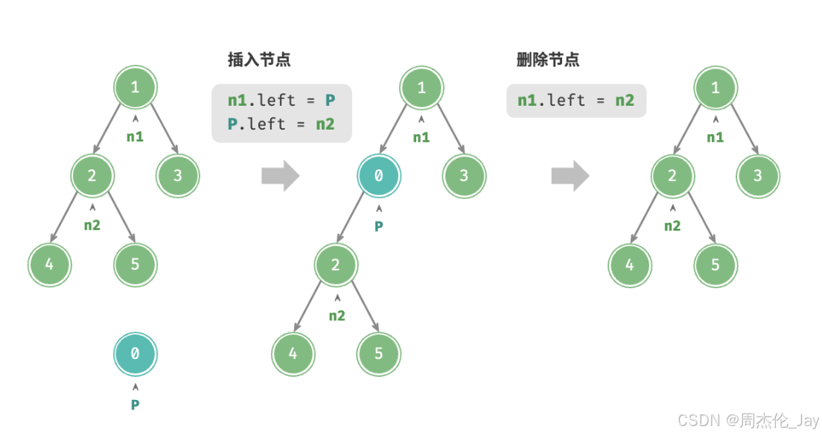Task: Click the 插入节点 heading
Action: point(259,60)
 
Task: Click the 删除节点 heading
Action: point(547,60)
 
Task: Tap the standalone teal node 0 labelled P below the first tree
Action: point(135,354)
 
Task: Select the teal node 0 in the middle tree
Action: point(379,176)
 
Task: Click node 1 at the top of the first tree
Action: point(135,87)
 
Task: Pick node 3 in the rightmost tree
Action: point(758,176)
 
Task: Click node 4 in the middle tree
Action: point(293,353)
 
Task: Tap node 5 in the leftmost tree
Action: point(136,264)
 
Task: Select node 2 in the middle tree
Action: point(336,264)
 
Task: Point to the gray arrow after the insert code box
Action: point(280,176)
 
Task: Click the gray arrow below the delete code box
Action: point(570,176)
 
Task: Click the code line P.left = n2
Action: point(281,124)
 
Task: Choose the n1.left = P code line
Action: point(281,100)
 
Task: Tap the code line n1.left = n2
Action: point(576,100)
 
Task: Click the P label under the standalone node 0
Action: point(136,404)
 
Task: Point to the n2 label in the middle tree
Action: point(337,315)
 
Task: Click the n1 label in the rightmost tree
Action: point(715,137)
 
